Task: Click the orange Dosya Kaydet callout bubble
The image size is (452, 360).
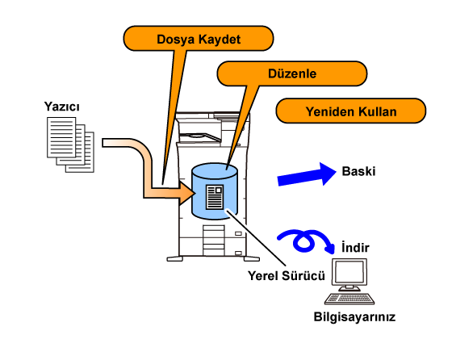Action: point(199,38)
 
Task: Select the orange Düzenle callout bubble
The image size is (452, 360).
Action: point(292,73)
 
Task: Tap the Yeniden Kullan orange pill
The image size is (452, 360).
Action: point(351,111)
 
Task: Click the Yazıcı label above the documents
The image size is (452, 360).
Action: point(61,107)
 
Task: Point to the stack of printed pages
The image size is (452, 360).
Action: point(70,144)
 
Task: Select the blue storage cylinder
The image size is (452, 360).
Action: point(215,191)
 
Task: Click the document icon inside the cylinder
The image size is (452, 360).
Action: point(215,197)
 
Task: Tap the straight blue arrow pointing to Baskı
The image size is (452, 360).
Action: point(307,174)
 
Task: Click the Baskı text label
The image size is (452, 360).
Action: point(358,171)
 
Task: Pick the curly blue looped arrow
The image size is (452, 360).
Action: point(306,241)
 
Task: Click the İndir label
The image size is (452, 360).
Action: point(355,248)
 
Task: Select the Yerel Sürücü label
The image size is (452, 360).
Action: point(287,275)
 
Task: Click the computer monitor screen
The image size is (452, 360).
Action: point(349,272)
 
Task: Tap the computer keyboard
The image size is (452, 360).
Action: point(349,299)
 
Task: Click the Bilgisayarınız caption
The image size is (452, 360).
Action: point(354,316)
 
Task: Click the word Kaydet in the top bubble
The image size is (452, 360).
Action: point(220,40)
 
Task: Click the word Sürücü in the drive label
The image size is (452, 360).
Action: point(303,275)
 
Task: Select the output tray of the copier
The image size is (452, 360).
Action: point(199,136)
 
